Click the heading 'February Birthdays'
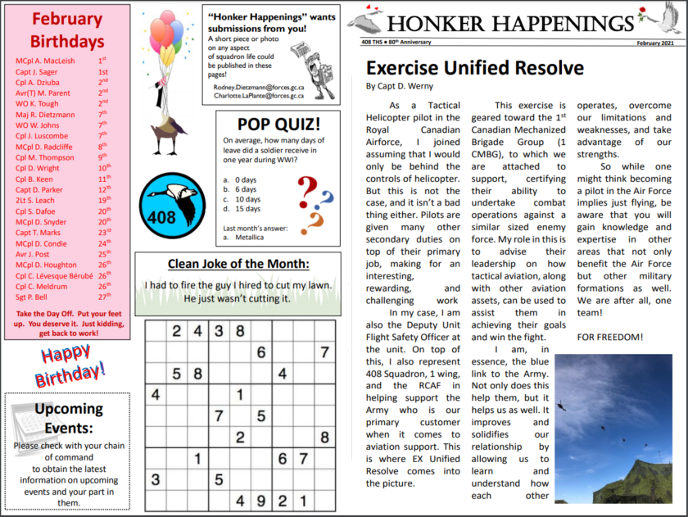point(67,29)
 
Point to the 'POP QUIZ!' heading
point(278,125)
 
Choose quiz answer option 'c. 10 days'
point(246,199)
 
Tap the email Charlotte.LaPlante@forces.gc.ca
point(261,96)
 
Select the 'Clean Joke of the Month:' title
point(238,263)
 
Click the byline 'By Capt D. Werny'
point(401,86)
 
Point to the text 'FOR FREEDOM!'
point(610,337)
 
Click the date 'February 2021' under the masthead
point(658,42)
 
